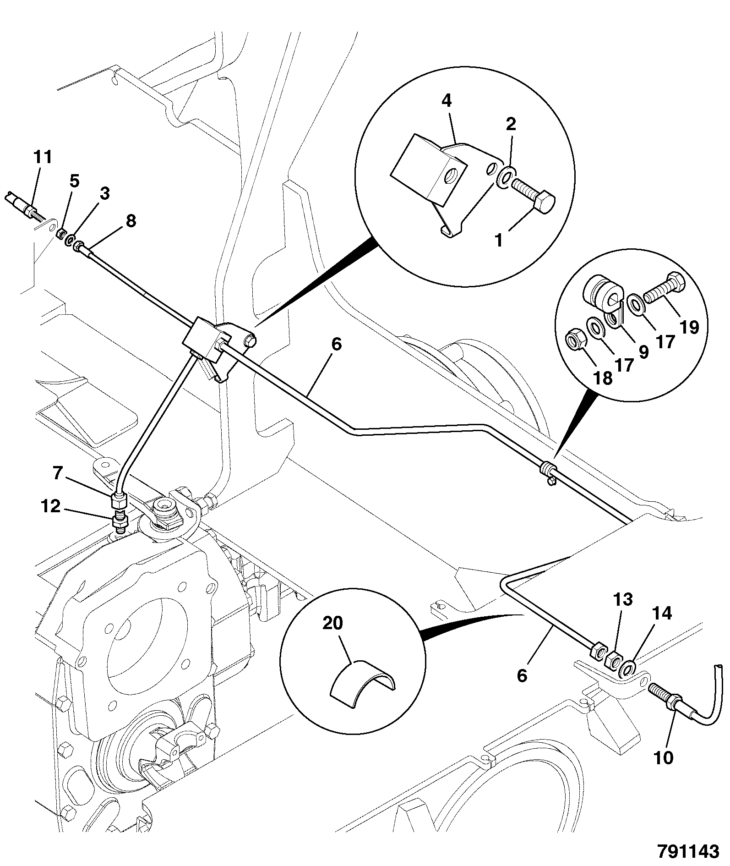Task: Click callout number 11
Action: coord(43,157)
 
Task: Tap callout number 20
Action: coord(333,624)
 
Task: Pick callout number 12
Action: coord(50,507)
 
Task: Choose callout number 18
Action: coord(603,378)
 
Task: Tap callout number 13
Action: coord(623,599)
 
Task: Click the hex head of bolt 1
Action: coord(545,203)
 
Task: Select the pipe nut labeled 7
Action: coord(119,499)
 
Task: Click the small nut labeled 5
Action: coord(60,236)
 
